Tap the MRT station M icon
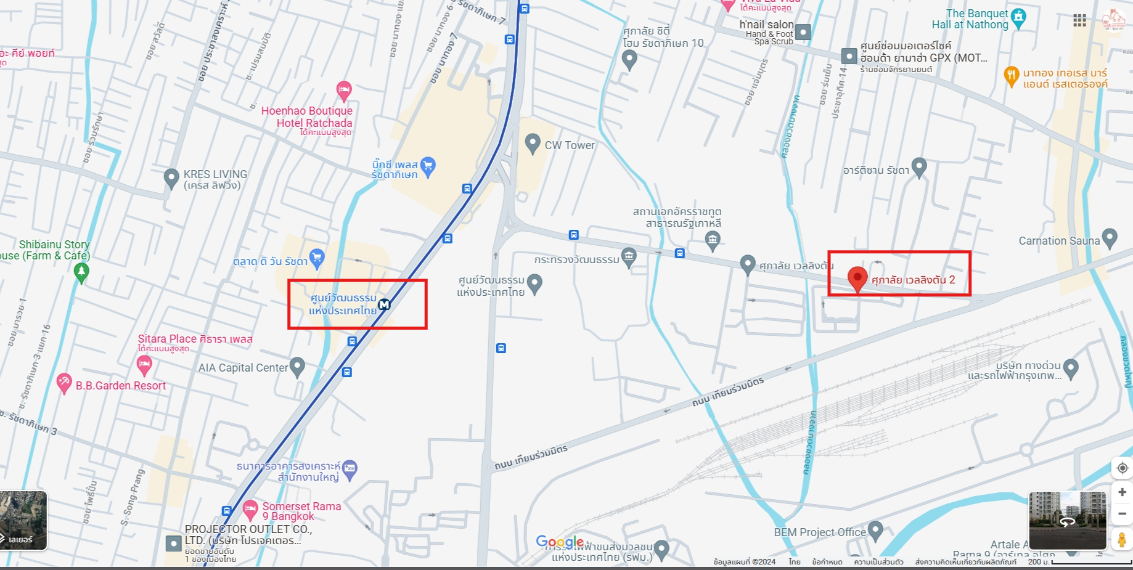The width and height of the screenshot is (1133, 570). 384,304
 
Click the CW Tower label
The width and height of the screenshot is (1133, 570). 570,145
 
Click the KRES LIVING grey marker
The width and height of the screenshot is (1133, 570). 171,178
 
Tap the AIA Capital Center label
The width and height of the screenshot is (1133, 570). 243,368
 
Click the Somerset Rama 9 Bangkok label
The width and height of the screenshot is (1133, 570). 301,511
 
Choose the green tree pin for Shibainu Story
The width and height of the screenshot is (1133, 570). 81,272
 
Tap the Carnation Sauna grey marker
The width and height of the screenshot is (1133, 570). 1110,237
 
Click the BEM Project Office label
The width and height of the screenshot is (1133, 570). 820,532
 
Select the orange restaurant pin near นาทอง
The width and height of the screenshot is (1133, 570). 1011,76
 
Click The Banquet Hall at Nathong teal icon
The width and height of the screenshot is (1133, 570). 1018,17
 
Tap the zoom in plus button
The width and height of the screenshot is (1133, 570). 1122,492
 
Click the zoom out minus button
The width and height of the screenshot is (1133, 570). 1122,513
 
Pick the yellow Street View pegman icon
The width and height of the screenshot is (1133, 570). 1122,540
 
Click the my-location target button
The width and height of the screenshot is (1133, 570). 1122,468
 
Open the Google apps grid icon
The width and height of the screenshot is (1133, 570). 1079,20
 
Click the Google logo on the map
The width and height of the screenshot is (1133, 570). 560,542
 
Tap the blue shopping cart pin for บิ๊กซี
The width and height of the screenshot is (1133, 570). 428,165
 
